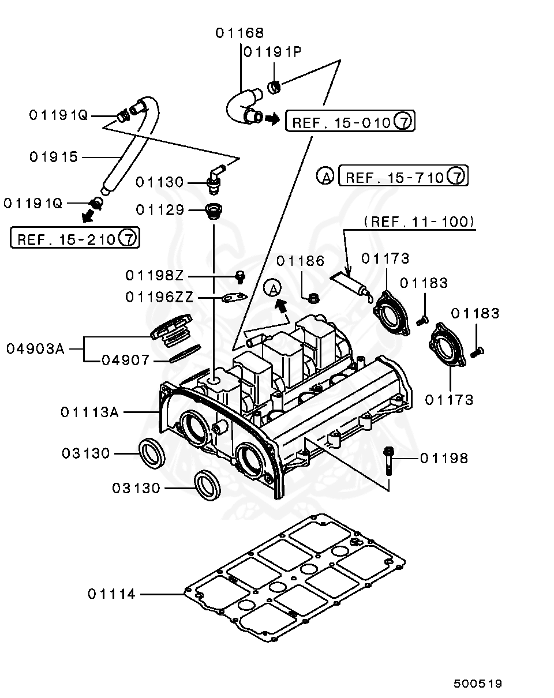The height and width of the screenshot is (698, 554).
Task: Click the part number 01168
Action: click(x=239, y=33)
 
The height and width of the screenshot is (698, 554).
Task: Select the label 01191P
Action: click(x=272, y=52)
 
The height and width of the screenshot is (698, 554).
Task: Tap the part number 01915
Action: click(x=54, y=157)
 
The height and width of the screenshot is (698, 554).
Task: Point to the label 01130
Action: click(x=159, y=182)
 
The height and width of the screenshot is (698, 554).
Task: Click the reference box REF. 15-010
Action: click(x=350, y=122)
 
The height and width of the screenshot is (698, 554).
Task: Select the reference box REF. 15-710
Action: click(x=403, y=177)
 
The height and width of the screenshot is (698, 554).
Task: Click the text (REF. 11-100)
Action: click(x=420, y=221)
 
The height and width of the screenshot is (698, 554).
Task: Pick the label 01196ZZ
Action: click(x=159, y=297)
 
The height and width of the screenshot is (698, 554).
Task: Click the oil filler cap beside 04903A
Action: click(x=170, y=333)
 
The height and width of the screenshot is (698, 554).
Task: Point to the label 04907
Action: click(x=126, y=361)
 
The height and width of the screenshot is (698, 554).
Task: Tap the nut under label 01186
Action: click(x=315, y=298)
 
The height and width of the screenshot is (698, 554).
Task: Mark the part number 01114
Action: click(x=112, y=594)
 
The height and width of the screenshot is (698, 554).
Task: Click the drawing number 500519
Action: click(x=477, y=684)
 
